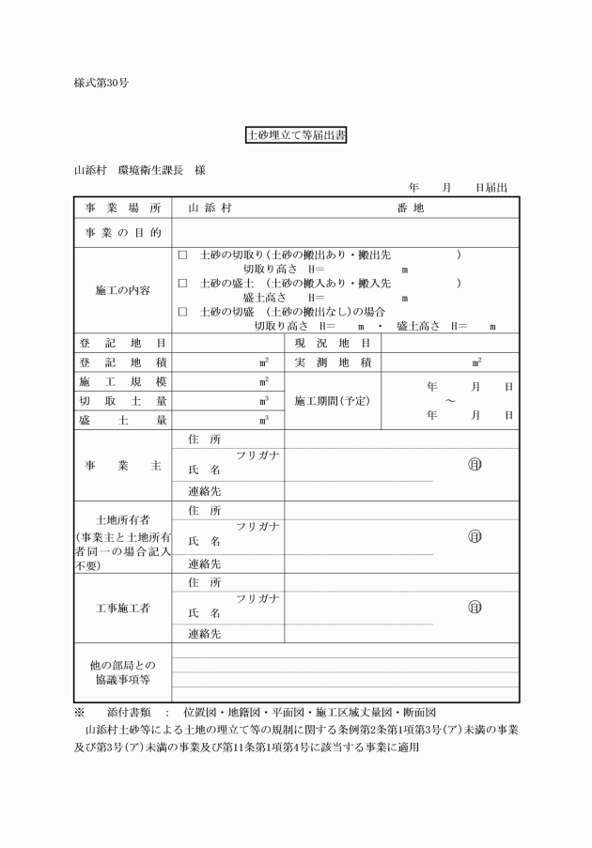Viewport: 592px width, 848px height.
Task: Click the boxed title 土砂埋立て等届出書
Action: tap(296, 135)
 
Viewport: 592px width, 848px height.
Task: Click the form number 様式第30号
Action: tap(101, 83)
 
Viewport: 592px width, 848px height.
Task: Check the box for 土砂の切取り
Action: tap(182, 254)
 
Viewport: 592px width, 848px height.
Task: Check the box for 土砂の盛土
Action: tap(182, 283)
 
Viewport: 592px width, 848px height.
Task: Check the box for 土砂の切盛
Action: tap(182, 311)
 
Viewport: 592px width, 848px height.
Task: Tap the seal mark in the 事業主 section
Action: tap(475, 464)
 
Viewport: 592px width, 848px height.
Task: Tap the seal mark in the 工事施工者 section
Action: tap(475, 607)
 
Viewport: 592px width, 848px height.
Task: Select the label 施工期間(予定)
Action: tap(333, 401)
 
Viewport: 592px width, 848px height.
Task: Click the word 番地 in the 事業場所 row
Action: tap(411, 208)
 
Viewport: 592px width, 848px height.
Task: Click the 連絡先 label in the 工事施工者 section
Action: tap(204, 634)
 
